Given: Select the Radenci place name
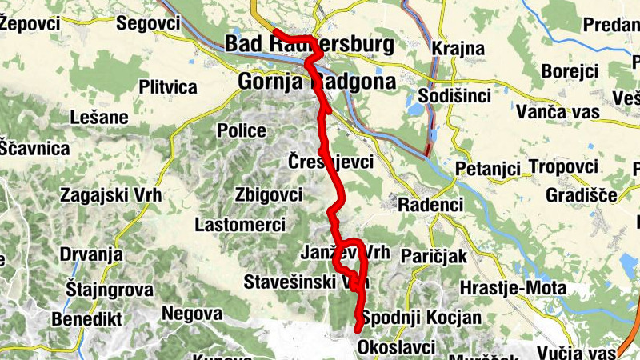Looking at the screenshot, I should click(x=431, y=205).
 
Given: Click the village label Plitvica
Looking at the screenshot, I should click(x=167, y=86).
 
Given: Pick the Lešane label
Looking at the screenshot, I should click(x=99, y=118).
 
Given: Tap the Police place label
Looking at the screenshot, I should click(x=242, y=130).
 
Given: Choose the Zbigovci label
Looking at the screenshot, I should click(x=269, y=194).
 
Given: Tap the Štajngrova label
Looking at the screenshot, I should click(x=110, y=289).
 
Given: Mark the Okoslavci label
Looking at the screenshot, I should click(x=397, y=347).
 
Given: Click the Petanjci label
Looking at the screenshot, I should click(x=488, y=169).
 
